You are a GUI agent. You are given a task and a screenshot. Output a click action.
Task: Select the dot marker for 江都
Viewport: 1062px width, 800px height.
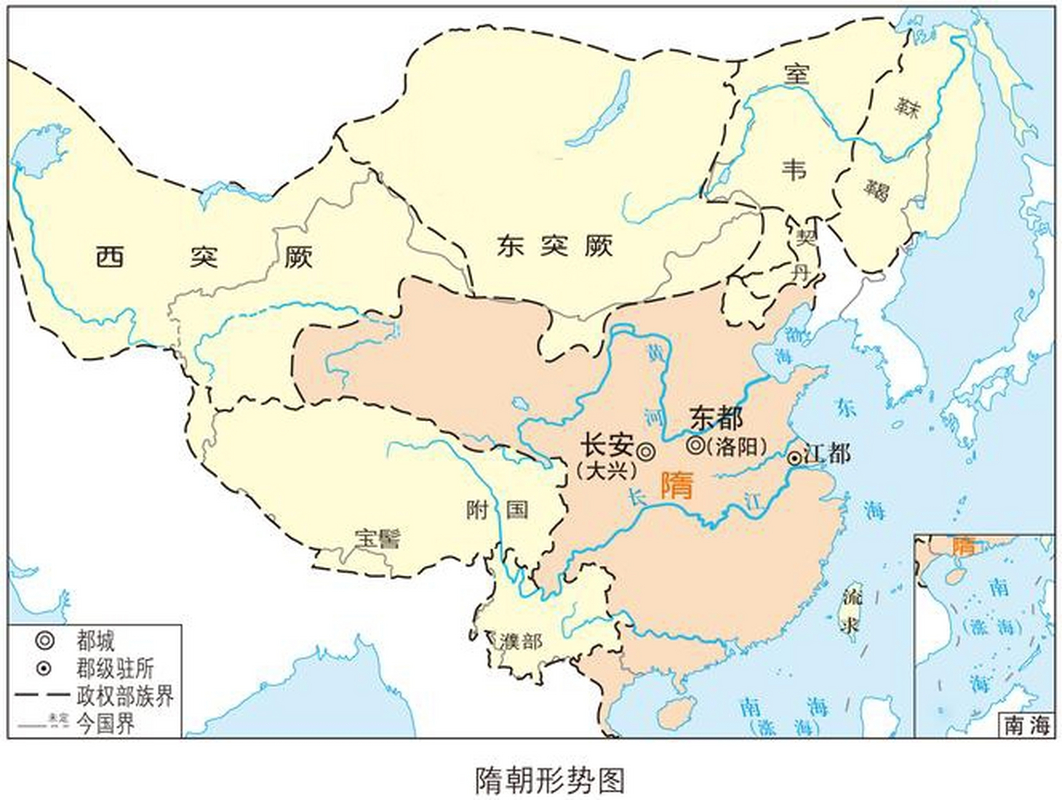click(794, 458)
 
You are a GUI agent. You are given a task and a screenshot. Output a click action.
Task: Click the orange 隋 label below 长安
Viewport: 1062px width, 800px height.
click(677, 484)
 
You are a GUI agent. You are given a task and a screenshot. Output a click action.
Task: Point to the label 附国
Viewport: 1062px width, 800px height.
click(497, 509)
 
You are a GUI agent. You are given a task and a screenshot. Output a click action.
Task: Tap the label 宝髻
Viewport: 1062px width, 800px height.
click(378, 538)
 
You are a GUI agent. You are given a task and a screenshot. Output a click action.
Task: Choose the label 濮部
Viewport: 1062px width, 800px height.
click(521, 641)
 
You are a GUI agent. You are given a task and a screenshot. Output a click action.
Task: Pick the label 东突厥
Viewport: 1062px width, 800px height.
click(555, 246)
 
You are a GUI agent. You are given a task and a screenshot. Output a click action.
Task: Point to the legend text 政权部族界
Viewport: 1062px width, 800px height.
click(125, 696)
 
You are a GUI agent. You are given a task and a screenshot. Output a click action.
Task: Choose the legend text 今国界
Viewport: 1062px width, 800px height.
click(106, 724)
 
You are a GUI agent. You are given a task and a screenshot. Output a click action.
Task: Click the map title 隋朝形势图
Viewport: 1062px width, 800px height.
click(550, 779)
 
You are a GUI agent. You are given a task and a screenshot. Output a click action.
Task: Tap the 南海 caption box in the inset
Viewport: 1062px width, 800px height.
click(1027, 726)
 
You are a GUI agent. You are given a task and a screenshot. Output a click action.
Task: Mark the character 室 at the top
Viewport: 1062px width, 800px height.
click(797, 74)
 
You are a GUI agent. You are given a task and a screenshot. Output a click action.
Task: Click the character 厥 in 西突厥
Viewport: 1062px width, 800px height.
click(298, 257)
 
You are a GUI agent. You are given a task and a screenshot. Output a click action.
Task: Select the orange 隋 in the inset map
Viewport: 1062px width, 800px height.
click(963, 546)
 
